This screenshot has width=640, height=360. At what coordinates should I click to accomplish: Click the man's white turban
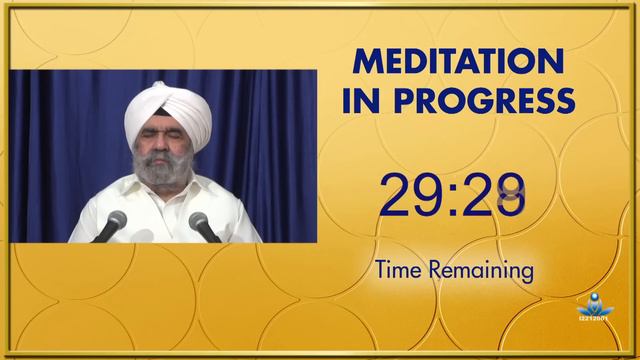(x=167, y=112)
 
